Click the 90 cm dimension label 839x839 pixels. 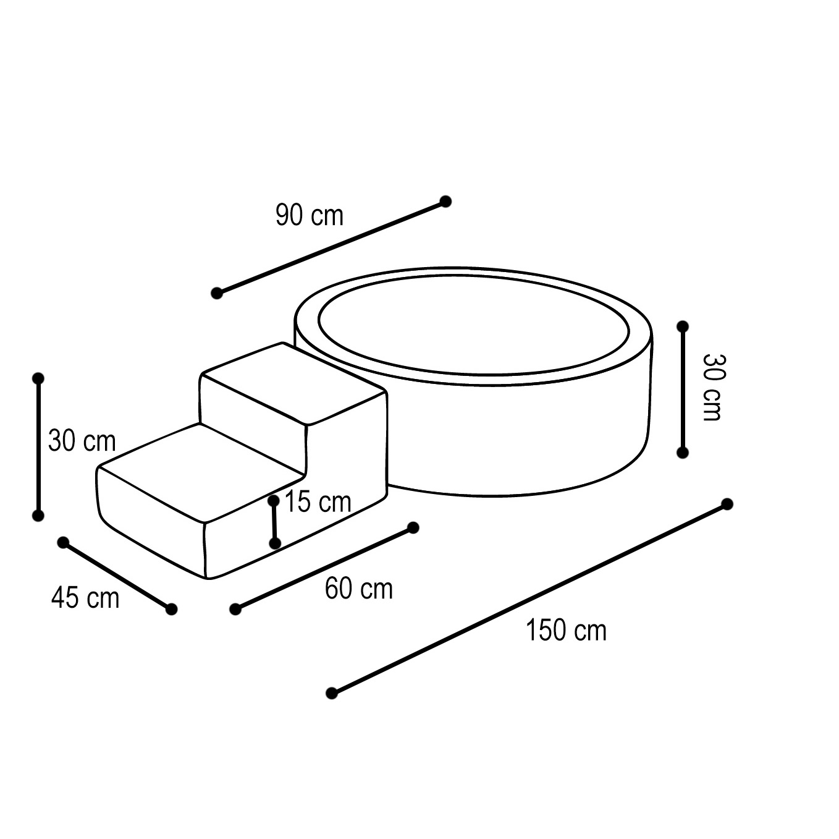coord(310,215)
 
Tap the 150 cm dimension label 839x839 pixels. coord(566,630)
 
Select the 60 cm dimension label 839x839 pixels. coord(359,589)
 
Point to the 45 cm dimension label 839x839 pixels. coord(85,597)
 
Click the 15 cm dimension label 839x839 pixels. coord(318,501)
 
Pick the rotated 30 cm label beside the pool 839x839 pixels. coord(712,388)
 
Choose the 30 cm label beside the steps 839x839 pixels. coord(82,441)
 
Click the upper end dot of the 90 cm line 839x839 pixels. coord(445,202)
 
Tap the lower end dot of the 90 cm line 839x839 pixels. coord(217,293)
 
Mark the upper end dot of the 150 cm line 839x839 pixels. coord(727,505)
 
